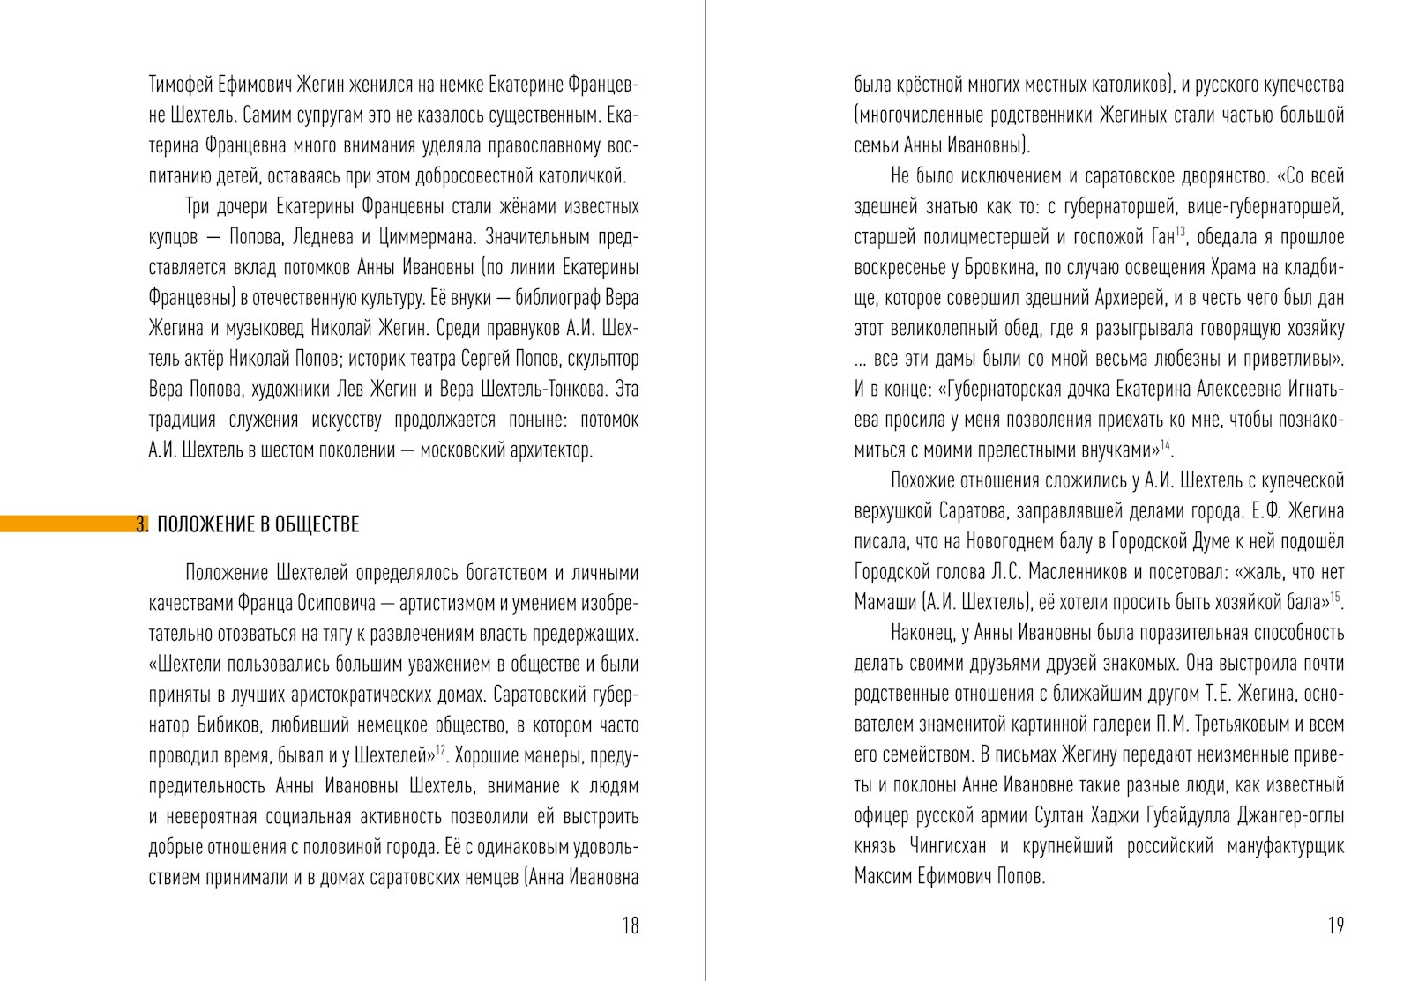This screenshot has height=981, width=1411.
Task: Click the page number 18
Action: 630,925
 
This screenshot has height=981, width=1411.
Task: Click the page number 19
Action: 1334,925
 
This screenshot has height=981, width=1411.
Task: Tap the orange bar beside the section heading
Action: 66,524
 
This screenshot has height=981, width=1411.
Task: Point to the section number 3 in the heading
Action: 141,525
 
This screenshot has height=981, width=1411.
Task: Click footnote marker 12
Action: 441,750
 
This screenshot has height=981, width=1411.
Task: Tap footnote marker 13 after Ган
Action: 1180,232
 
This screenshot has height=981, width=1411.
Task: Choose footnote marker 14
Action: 1165,445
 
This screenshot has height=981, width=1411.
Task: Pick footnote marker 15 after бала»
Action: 1335,598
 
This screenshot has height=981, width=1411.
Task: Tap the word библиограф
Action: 539,299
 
